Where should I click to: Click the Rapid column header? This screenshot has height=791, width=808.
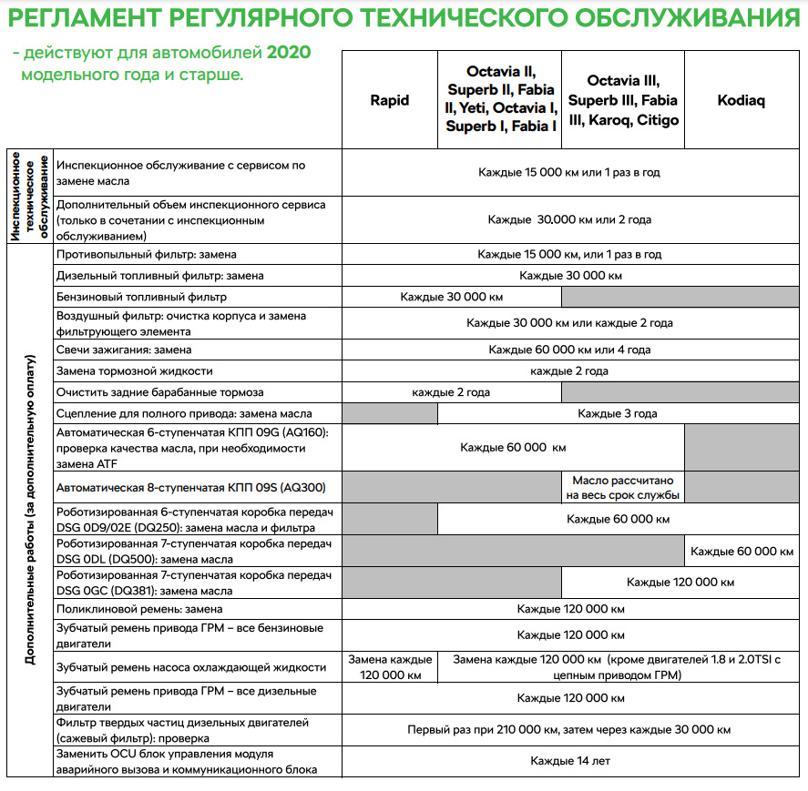coord(390,101)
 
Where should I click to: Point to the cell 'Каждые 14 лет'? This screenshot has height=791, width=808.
coord(570,760)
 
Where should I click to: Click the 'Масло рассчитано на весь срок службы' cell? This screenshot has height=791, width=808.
coord(622,487)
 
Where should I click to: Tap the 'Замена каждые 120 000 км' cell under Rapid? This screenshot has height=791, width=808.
coord(390,667)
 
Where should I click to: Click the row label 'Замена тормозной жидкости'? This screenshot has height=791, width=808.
coord(135,370)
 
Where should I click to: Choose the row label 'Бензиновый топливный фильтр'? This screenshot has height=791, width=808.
coord(141,297)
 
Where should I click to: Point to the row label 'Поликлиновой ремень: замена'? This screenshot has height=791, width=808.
coord(139,609)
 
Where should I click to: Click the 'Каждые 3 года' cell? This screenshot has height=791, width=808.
coord(617,413)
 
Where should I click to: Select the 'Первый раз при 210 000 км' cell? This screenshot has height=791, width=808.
coord(568,729)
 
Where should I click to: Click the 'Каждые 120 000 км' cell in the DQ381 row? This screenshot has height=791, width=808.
coord(680,582)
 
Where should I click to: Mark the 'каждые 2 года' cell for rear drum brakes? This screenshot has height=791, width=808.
coord(451,392)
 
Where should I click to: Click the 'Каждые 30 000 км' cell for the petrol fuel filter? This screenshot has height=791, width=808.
coord(451,297)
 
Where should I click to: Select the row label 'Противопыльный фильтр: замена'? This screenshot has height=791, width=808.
coord(146,255)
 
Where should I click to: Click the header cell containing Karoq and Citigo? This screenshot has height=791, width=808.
coord(622,101)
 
